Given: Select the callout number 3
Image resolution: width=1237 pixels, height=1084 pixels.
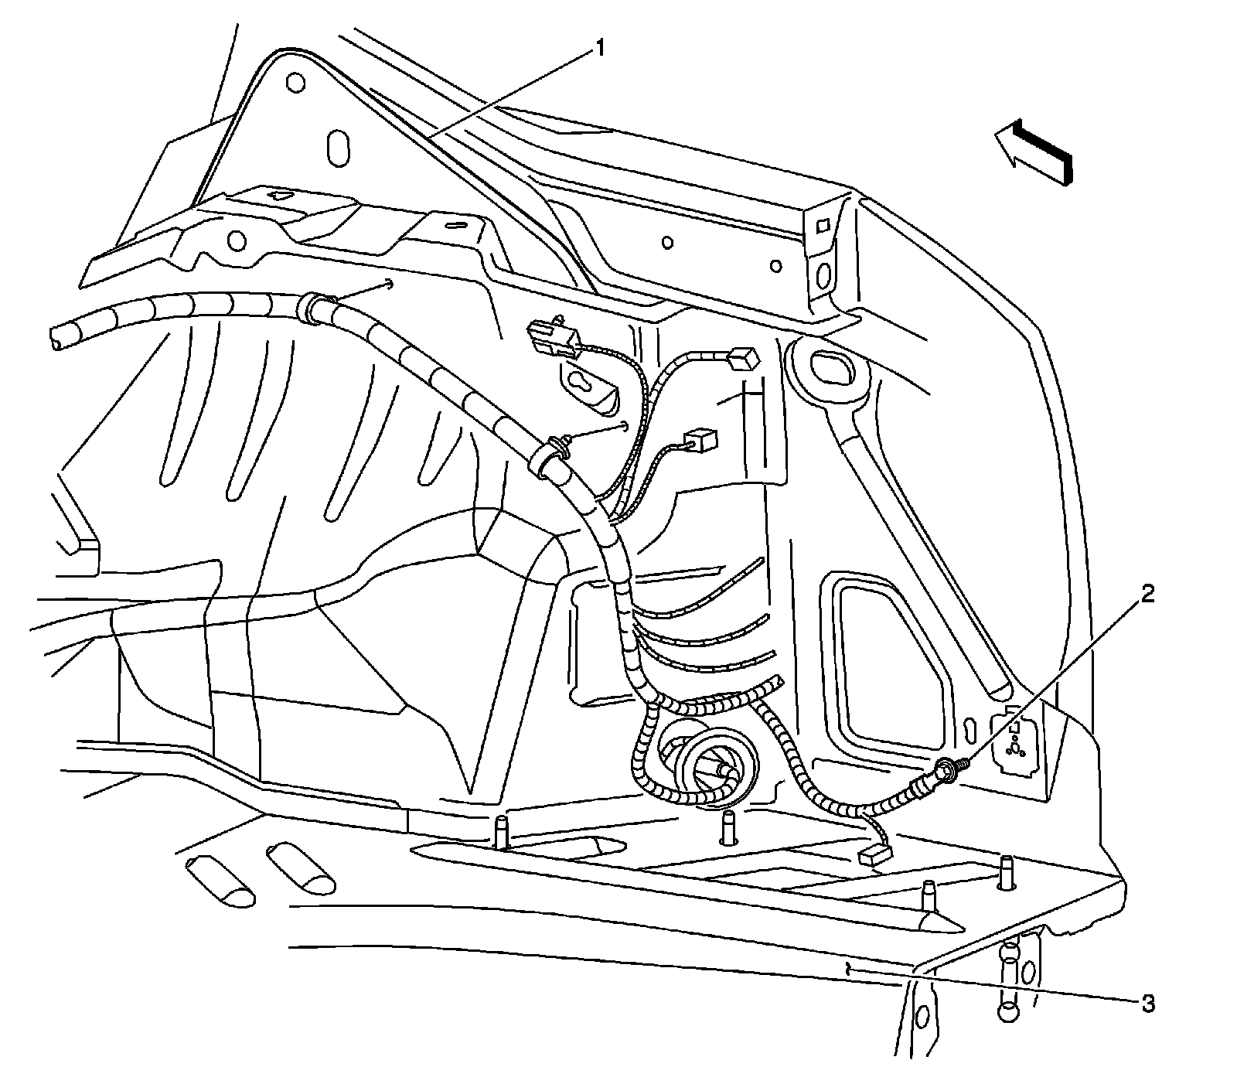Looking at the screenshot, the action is [x=1148, y=1004].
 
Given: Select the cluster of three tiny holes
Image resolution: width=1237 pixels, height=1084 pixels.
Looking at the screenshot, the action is [x=1017, y=746].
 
